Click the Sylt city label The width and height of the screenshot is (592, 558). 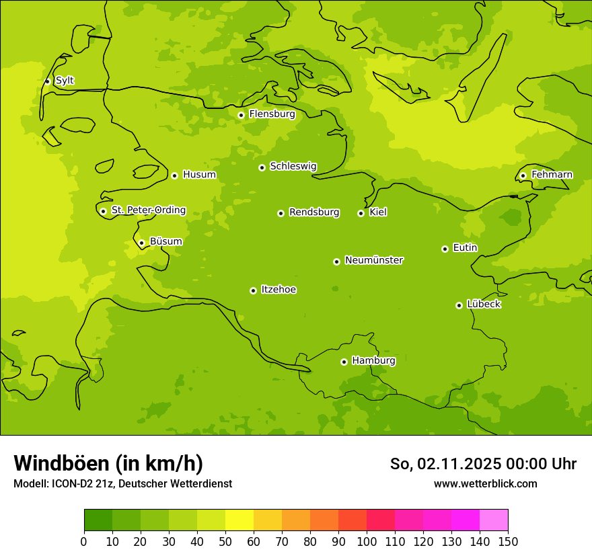(65, 81)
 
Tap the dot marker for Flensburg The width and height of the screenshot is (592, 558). (241, 115)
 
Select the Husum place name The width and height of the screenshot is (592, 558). (199, 175)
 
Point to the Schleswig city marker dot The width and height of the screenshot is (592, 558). (262, 167)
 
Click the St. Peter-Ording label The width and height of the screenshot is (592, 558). (149, 210)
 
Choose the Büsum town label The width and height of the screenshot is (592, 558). (165, 242)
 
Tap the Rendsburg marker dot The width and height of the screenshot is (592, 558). (281, 213)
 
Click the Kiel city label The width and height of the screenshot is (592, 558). (378, 212)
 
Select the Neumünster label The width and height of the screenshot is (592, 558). (374, 260)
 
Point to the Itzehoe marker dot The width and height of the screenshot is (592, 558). (253, 290)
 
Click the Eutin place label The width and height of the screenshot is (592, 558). (465, 248)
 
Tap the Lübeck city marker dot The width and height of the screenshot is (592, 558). (459, 305)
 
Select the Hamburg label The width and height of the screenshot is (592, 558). (373, 361)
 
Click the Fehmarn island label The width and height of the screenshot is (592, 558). (552, 175)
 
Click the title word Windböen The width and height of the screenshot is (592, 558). (61, 463)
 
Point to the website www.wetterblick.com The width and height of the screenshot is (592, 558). (485, 483)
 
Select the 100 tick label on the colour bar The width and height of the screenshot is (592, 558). (367, 541)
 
